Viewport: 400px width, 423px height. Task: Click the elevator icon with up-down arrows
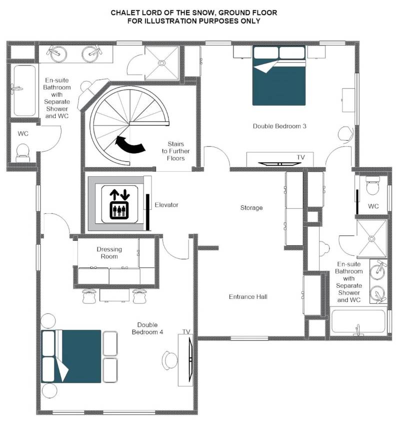(120, 204)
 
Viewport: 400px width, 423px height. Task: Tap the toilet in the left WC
(23, 153)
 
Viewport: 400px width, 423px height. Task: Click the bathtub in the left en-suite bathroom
(25, 91)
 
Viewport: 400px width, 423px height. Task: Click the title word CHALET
(124, 13)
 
